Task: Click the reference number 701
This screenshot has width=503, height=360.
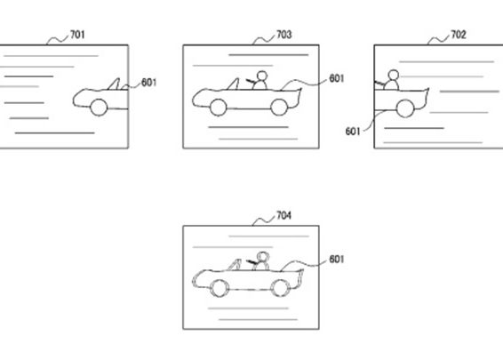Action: coord(77,35)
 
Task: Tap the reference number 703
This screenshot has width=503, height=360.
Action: coord(284,35)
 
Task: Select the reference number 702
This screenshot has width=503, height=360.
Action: coord(459,35)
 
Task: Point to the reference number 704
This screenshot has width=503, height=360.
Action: coord(284,215)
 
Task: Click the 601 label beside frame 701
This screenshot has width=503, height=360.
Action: coord(148,83)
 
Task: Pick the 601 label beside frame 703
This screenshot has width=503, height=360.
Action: coord(337,78)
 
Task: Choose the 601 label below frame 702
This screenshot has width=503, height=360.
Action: coord(353,132)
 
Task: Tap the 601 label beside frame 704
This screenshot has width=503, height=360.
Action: coord(337,259)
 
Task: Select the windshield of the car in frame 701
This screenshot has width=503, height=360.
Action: coord(115,84)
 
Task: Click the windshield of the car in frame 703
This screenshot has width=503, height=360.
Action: coord(234,84)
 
